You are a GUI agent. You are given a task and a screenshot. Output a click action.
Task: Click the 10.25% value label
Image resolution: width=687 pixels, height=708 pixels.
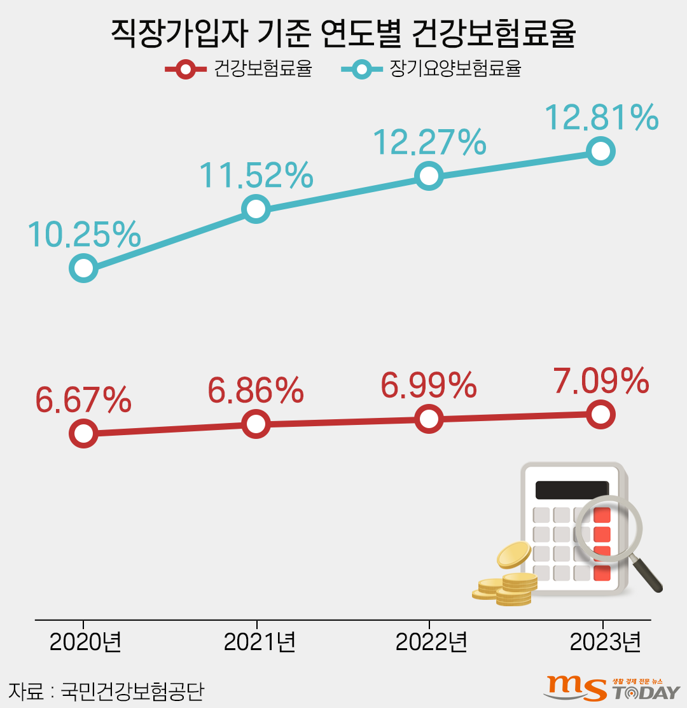pos(84,235)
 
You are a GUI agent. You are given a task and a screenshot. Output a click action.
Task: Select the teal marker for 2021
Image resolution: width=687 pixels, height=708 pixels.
pos(256,209)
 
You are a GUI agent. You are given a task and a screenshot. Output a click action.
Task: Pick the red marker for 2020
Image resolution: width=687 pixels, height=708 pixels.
pos(84,433)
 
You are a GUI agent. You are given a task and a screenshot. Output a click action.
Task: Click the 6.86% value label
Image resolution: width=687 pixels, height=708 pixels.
pos(256,391)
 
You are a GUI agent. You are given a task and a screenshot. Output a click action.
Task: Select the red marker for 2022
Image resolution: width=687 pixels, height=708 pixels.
pos(429,419)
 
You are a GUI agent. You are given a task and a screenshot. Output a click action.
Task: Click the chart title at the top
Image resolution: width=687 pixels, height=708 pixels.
pos(343,33)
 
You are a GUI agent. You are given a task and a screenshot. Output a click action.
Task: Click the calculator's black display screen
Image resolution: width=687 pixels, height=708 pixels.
pos(571,490)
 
